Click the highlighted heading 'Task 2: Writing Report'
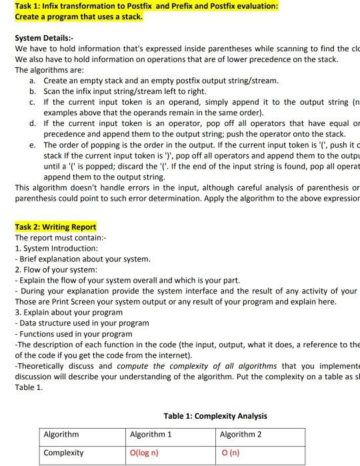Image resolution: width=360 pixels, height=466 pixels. (x=55, y=227)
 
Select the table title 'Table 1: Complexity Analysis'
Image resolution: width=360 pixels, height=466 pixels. (x=215, y=416)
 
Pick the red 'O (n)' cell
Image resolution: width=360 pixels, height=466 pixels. (x=231, y=453)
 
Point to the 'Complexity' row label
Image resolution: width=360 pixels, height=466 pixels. (x=63, y=453)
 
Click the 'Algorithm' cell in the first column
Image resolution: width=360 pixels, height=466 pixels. (x=61, y=435)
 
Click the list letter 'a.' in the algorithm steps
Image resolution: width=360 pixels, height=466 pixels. (x=33, y=80)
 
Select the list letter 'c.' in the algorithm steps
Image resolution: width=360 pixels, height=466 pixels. (x=33, y=101)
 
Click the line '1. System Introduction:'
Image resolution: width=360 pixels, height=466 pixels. (x=56, y=248)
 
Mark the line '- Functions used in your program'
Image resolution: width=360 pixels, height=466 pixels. (x=73, y=333)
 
